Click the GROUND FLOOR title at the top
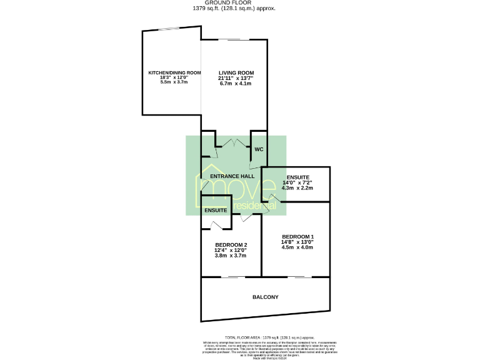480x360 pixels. (239, 3)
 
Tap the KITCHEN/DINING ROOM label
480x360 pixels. (174, 73)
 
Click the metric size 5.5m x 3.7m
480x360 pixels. (174, 82)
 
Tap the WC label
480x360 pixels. (259, 150)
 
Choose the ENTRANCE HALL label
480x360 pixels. (232, 176)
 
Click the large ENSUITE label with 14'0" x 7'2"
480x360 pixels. (297, 177)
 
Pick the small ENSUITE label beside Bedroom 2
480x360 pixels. (215, 211)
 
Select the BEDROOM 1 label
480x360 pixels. (297, 236)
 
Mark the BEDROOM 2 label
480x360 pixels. (231, 244)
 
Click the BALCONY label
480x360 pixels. (266, 297)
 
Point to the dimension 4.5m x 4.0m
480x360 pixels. (297, 247)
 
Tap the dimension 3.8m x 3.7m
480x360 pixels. (231, 255)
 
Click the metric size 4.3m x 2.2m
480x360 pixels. (297, 187)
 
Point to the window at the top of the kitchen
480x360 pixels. (167, 29)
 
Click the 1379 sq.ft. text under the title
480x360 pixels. (240, 9)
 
